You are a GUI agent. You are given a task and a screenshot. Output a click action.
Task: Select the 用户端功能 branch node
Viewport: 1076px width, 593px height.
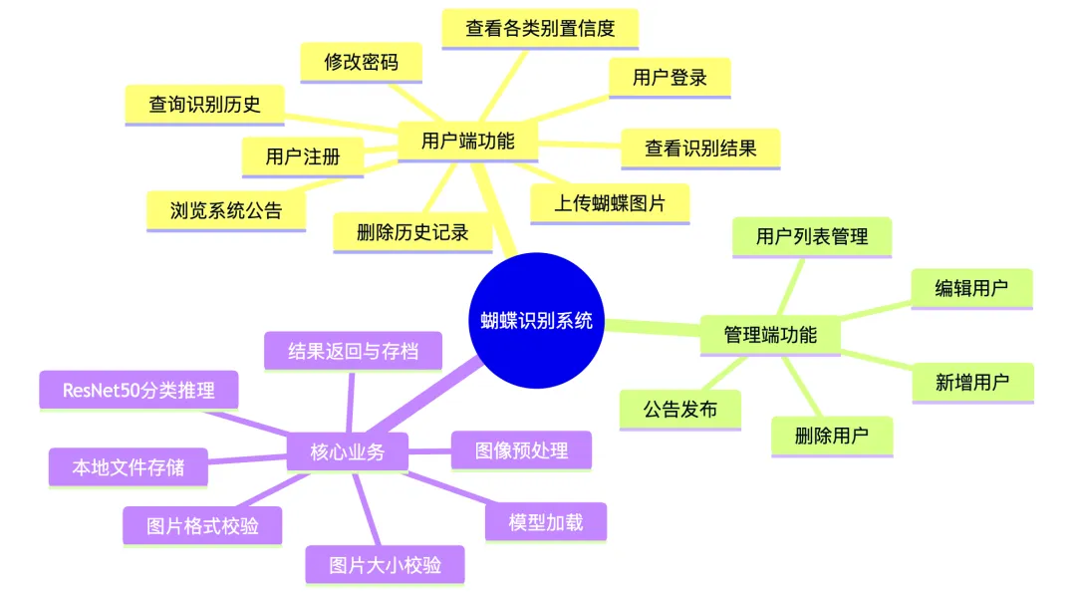click(467, 141)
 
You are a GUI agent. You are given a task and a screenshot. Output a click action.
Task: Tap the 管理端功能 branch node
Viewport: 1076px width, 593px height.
click(770, 335)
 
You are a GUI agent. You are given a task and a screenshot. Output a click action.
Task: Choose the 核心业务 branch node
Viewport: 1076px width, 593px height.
click(347, 452)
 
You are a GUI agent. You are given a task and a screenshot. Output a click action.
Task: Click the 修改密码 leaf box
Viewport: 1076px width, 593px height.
click(361, 62)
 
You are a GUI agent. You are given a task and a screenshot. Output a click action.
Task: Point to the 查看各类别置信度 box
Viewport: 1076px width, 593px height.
click(540, 28)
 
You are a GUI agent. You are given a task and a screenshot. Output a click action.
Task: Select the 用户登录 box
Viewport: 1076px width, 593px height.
click(670, 77)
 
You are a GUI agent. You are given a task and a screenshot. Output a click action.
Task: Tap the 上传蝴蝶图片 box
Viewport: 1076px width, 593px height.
click(610, 203)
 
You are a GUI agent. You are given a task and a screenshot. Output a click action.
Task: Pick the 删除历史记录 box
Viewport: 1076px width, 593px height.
click(412, 232)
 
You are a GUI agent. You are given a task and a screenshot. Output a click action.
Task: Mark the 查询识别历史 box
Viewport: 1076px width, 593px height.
click(205, 104)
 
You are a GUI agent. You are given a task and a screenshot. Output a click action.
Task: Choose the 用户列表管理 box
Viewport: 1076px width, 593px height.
click(812, 236)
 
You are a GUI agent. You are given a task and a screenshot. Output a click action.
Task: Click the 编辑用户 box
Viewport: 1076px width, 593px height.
click(971, 288)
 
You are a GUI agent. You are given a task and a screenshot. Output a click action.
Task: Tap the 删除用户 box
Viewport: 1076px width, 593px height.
click(832, 436)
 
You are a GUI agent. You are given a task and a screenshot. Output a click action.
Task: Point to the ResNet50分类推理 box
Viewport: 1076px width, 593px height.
click(138, 390)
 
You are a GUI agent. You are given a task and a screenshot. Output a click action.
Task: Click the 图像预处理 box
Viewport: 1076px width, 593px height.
click(522, 449)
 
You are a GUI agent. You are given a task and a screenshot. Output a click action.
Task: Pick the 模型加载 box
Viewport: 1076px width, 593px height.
click(545, 521)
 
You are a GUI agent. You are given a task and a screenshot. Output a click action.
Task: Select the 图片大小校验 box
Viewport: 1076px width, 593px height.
click(385, 565)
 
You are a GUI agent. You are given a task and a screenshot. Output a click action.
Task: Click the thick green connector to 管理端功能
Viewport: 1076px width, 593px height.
click(653, 327)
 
